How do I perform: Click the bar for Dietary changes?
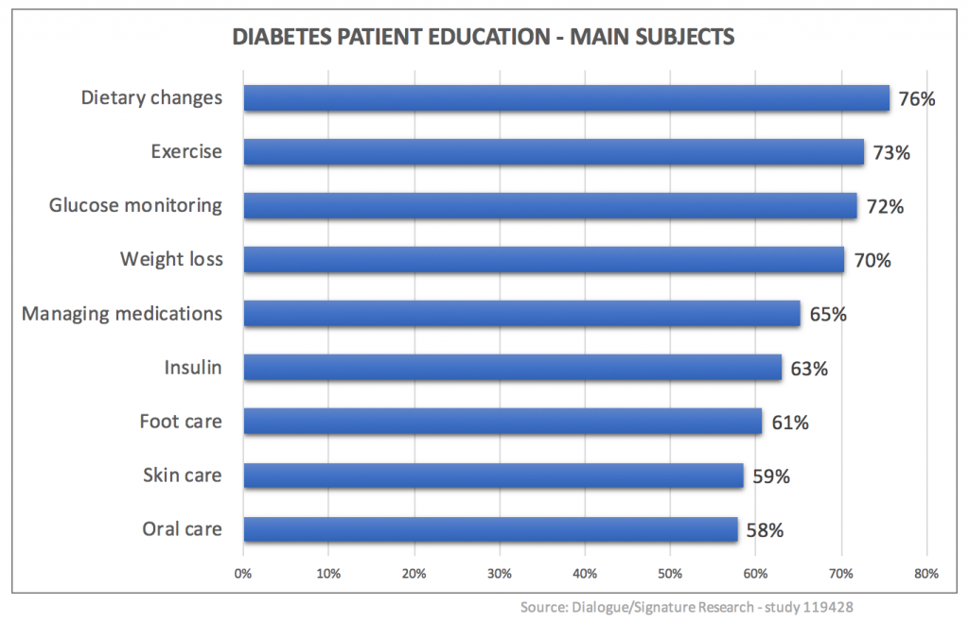click(x=566, y=98)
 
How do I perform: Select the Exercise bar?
click(x=554, y=152)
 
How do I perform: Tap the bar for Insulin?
click(x=512, y=367)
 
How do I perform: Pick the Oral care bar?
click(x=490, y=529)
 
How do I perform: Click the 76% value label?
click(x=916, y=98)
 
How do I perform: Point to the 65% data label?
click(x=828, y=314)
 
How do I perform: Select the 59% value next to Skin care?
click(x=771, y=475)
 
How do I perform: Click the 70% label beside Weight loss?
click(x=872, y=260)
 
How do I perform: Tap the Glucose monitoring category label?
click(x=135, y=205)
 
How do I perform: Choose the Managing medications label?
click(x=122, y=313)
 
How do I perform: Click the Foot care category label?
click(x=181, y=421)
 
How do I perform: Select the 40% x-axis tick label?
click(x=584, y=573)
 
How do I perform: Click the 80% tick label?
click(x=925, y=573)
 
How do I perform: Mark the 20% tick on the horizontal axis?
click(x=414, y=573)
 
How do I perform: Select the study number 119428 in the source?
click(x=835, y=606)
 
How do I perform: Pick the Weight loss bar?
click(x=543, y=260)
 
